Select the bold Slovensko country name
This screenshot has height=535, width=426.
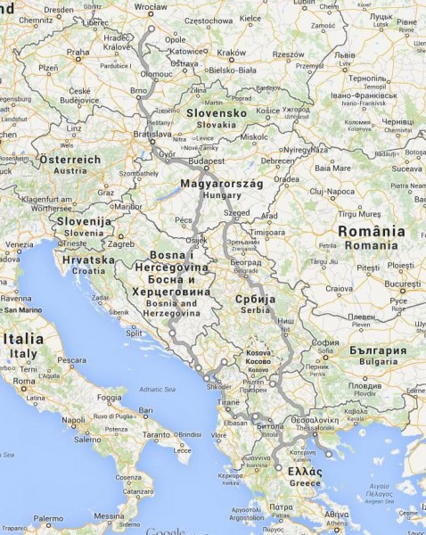click(x=217, y=113)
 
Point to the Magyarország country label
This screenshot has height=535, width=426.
click(x=218, y=184)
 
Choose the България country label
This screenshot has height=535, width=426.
click(x=377, y=350)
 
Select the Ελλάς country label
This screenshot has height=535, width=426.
click(x=305, y=471)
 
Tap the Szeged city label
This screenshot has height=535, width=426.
click(x=238, y=214)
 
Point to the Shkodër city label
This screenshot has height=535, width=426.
click(x=218, y=386)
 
